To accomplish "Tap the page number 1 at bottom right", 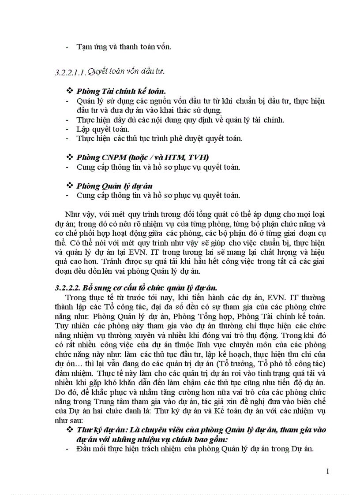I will (x=328, y=472).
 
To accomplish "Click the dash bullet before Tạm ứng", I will (x=67, y=46).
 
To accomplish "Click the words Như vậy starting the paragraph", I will (x=75, y=215).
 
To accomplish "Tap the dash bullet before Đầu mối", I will (x=67, y=449).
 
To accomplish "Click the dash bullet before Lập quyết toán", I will (x=67, y=129).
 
